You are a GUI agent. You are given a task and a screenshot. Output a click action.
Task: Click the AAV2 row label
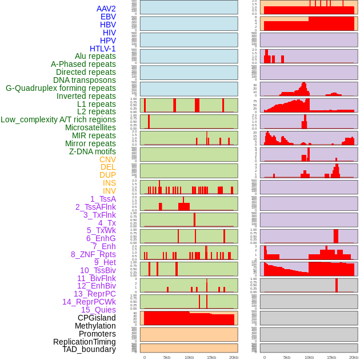coord(106,9)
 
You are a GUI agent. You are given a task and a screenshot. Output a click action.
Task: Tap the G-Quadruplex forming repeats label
coord(61,88)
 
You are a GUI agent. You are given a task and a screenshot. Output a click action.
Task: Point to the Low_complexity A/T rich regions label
coord(58,119)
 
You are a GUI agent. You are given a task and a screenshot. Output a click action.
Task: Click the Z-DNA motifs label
coord(92,151)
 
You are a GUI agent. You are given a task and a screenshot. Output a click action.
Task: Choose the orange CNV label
coord(107,159)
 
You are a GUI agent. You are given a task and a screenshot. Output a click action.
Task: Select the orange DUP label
coord(107,175)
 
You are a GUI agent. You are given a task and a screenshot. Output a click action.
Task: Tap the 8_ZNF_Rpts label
coord(93,254)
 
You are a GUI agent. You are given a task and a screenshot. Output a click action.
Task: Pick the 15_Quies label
coord(98,310)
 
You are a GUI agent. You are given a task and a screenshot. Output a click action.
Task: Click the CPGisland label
coord(97,318)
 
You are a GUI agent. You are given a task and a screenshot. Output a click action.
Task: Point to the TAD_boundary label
coord(89,349)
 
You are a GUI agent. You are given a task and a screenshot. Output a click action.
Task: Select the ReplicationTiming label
coord(84,342)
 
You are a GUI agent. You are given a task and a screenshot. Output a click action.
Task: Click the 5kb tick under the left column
coord(167,357)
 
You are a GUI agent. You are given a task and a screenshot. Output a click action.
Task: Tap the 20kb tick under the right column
coord(354,357)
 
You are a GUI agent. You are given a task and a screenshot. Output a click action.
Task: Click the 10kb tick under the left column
coord(189,357)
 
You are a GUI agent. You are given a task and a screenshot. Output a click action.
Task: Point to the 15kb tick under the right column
coord(331,357)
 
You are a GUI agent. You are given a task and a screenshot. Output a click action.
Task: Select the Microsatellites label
coord(90,127)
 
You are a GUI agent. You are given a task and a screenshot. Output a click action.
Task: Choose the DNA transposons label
coord(85,80)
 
